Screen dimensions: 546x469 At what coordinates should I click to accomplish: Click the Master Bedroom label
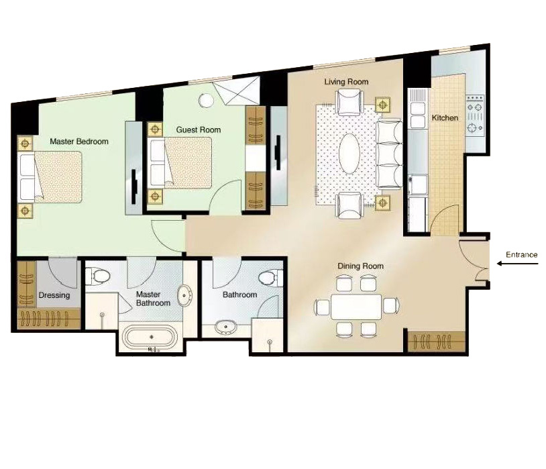(x=79, y=142)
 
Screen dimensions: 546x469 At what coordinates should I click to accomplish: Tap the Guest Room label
(x=199, y=130)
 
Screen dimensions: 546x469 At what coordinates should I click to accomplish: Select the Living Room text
(x=347, y=82)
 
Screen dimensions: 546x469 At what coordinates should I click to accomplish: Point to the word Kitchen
(x=445, y=118)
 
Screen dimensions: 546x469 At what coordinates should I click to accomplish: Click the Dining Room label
(x=360, y=266)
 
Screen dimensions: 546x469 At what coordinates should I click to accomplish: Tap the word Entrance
(x=522, y=255)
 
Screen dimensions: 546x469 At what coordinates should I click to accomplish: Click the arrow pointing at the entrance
(x=517, y=264)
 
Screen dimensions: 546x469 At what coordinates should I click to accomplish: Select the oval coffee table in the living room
(x=349, y=153)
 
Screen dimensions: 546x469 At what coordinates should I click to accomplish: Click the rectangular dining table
(x=356, y=307)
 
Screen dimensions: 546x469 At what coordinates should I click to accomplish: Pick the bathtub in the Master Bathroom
(x=152, y=337)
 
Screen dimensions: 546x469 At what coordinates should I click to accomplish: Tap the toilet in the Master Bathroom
(x=98, y=276)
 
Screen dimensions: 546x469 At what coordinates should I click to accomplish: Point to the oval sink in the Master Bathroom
(x=184, y=296)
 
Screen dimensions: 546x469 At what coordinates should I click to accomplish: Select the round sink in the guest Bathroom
(x=226, y=327)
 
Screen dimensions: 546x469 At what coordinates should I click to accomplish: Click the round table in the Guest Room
(x=206, y=101)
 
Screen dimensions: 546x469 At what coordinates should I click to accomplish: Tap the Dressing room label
(x=54, y=295)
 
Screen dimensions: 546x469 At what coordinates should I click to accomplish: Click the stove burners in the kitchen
(x=475, y=117)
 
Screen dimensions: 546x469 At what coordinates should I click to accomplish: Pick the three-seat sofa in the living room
(x=389, y=155)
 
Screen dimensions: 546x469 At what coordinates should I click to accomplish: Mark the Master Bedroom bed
(x=50, y=177)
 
